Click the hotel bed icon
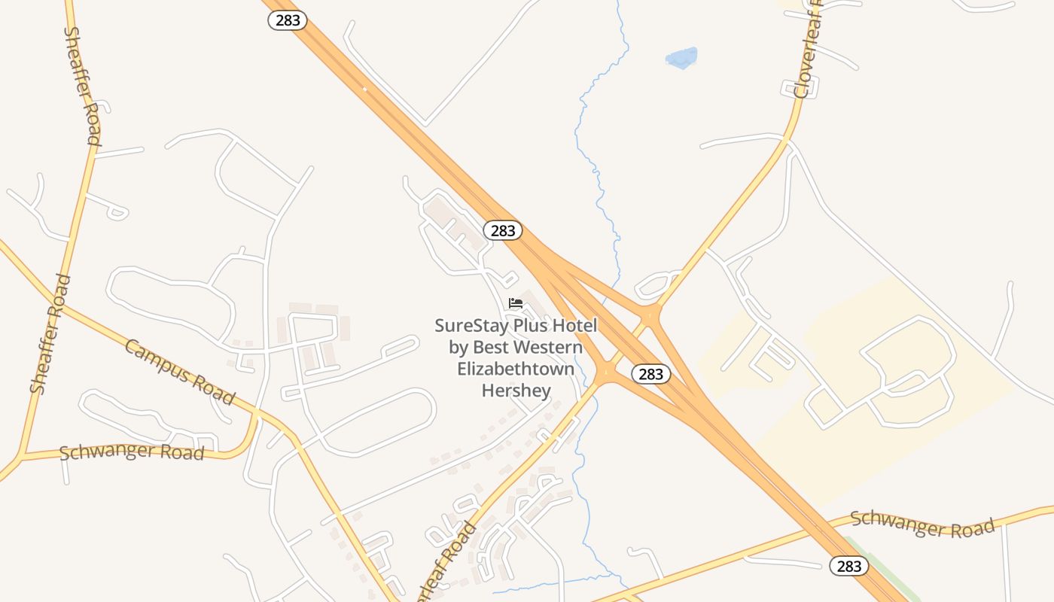coord(516,303)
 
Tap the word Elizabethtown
coord(516,369)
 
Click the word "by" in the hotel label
coord(459,348)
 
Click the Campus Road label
coord(180,372)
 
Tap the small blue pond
coord(682,58)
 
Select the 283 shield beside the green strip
coord(848,566)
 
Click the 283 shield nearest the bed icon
coord(502,230)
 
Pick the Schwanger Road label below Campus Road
coord(132,452)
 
